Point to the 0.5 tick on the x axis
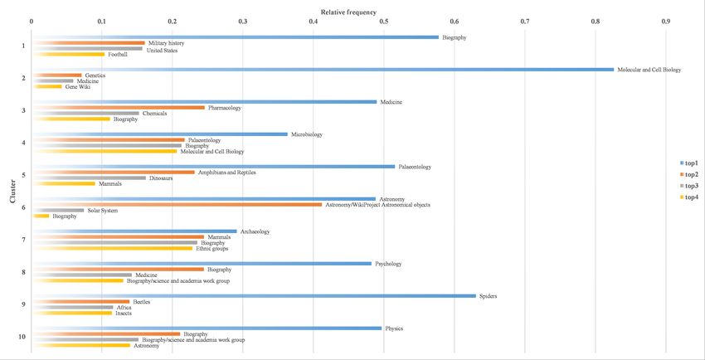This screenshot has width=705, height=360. [x=383, y=22]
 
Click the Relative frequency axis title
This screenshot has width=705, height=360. [x=348, y=12]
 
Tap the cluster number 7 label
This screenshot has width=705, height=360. [x=23, y=240]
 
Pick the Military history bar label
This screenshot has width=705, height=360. [x=167, y=43]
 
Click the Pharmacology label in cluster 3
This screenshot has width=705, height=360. [x=224, y=108]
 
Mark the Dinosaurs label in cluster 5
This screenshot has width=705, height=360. [x=161, y=178]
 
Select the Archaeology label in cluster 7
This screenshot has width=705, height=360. [x=255, y=232]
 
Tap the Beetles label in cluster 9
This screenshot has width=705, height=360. [x=141, y=302]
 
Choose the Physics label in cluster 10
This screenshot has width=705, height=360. [x=394, y=328]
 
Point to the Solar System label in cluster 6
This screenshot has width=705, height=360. [x=103, y=211]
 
